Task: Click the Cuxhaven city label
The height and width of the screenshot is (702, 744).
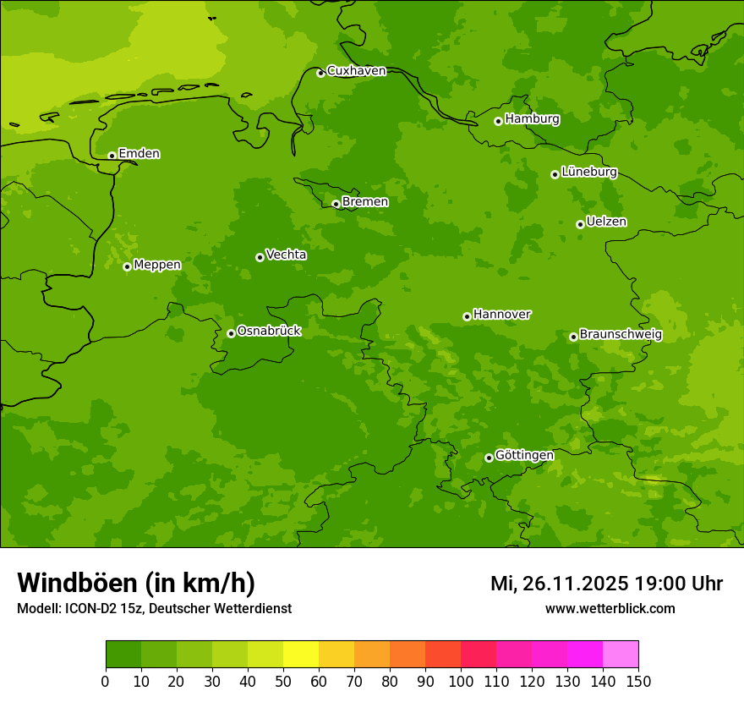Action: click(x=356, y=71)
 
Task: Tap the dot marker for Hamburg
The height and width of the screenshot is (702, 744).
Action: click(x=498, y=121)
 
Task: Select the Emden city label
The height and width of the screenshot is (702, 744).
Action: click(x=139, y=154)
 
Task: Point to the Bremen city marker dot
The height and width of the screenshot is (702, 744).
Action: click(x=336, y=204)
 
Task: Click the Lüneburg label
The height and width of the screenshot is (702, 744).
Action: click(x=588, y=172)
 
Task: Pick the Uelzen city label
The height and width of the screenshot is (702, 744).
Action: click(x=606, y=222)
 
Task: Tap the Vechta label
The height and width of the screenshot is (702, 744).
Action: click(x=286, y=255)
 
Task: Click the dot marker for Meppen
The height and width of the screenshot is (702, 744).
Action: click(x=127, y=266)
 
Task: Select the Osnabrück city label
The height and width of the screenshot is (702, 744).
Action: click(x=269, y=331)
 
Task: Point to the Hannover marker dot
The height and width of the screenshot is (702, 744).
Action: click(x=467, y=316)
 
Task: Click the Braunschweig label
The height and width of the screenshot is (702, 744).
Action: click(x=621, y=335)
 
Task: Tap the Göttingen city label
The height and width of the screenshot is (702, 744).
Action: click(x=524, y=455)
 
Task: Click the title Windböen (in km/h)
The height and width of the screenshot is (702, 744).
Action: click(x=136, y=583)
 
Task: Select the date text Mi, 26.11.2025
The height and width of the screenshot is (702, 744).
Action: click(x=559, y=584)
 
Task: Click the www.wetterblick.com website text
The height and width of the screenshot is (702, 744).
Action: click(x=610, y=609)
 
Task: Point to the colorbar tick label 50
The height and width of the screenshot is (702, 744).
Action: click(x=283, y=681)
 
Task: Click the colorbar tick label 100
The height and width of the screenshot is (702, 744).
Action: click(x=461, y=681)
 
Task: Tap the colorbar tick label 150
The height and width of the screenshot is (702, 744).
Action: click(x=638, y=681)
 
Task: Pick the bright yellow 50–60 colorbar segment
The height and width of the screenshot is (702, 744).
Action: click(x=301, y=655)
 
